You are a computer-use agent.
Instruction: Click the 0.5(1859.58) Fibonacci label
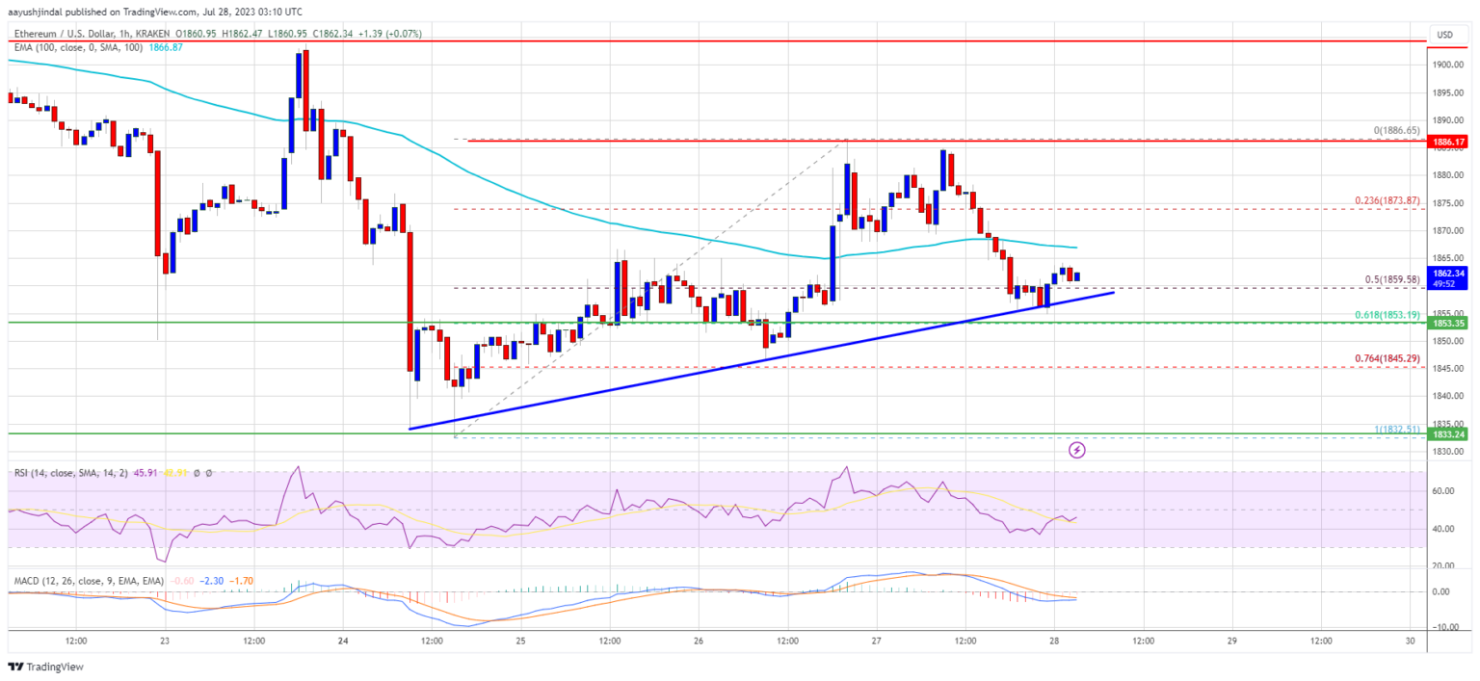[x=1392, y=280]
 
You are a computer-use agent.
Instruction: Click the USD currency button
[x=1444, y=35]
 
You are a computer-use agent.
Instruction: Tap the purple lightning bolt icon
[x=1076, y=450]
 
